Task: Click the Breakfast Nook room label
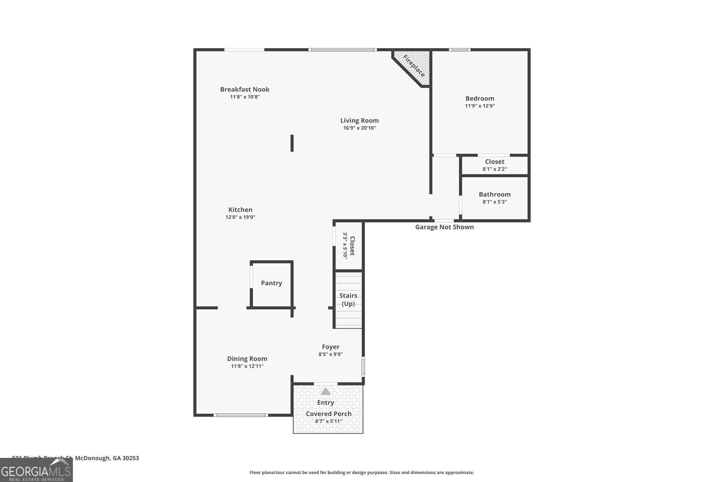pyautogui.click(x=245, y=89)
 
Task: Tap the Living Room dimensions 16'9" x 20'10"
pyautogui.click(x=360, y=128)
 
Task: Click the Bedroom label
pyautogui.click(x=480, y=98)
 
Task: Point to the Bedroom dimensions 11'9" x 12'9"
pyautogui.click(x=480, y=106)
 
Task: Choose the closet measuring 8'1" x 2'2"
pyautogui.click(x=495, y=165)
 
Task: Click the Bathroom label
pyautogui.click(x=495, y=194)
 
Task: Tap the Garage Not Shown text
pyautogui.click(x=445, y=227)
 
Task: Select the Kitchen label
pyautogui.click(x=240, y=210)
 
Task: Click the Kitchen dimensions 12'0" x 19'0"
pyautogui.click(x=240, y=217)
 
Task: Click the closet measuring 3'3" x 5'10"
pyautogui.click(x=348, y=246)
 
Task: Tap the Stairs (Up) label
pyautogui.click(x=348, y=299)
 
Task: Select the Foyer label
pyautogui.click(x=331, y=347)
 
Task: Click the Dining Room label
pyautogui.click(x=247, y=359)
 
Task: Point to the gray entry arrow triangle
pyautogui.click(x=326, y=391)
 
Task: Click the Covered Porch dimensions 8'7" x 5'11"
pyautogui.click(x=328, y=421)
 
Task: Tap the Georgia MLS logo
pyautogui.click(x=36, y=470)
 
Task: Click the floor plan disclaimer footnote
pyautogui.click(x=362, y=473)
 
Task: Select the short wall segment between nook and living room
pyautogui.click(x=292, y=143)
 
